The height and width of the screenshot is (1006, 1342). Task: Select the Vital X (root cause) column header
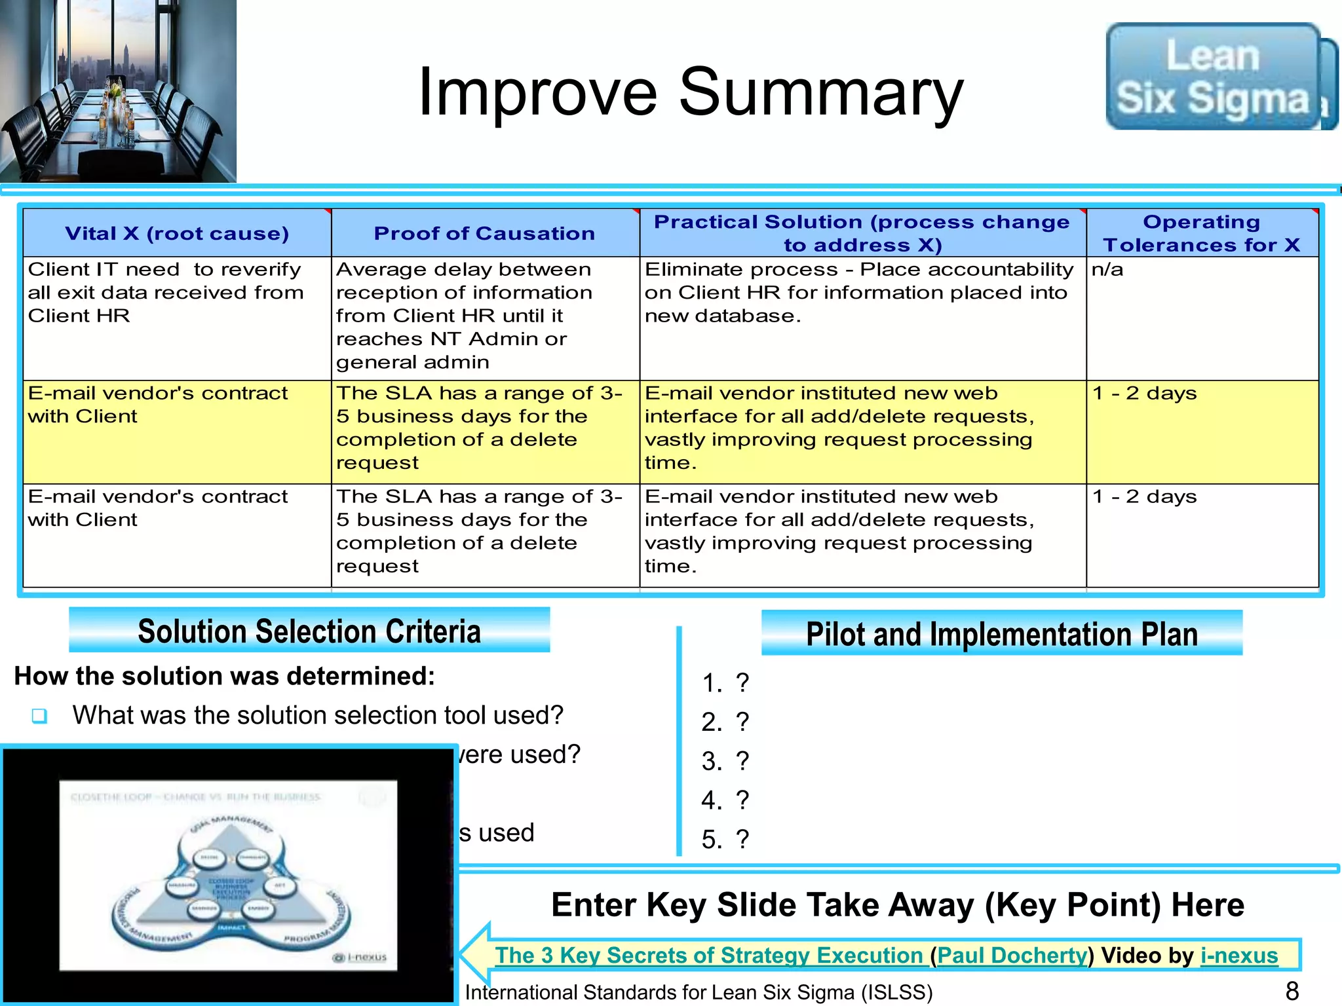(x=177, y=233)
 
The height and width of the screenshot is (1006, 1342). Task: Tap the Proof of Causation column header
(x=484, y=233)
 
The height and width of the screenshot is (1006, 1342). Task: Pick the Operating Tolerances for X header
(x=1201, y=233)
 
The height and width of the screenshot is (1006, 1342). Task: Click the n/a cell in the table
(x=1107, y=270)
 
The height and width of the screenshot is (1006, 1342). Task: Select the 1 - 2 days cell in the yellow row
(x=1144, y=394)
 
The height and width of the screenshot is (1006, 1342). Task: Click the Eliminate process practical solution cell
(x=858, y=292)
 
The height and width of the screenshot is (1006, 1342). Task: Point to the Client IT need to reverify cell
(x=165, y=292)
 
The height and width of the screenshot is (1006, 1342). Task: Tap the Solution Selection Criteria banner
(x=309, y=631)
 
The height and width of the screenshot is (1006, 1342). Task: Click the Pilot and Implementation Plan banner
(x=1001, y=634)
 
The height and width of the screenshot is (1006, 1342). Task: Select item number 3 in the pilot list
(x=725, y=761)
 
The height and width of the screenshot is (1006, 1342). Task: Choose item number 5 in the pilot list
(x=725, y=839)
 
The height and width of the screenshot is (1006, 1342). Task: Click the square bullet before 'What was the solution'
(x=39, y=716)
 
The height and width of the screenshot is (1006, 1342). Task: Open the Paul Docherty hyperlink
(x=1012, y=956)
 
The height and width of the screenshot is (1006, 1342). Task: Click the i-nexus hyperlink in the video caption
(x=1238, y=956)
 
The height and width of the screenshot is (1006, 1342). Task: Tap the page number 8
(x=1292, y=991)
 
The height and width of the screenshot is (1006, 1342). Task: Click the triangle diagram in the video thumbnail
(x=229, y=878)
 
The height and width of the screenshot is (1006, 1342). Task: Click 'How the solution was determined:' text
(x=225, y=676)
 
